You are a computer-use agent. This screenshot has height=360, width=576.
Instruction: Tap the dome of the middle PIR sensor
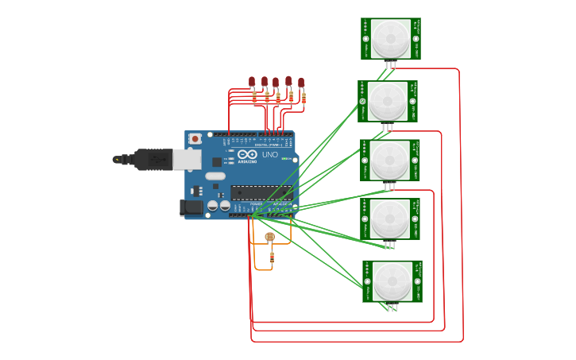click(x=389, y=160)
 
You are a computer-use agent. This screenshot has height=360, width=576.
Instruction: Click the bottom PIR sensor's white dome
click(x=392, y=281)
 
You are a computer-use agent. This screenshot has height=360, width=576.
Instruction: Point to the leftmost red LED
click(x=252, y=81)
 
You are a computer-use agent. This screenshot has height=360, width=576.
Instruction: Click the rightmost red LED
click(x=302, y=82)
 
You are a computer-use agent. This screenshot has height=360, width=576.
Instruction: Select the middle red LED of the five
click(x=276, y=81)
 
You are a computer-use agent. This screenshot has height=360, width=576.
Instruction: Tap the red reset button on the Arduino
click(x=195, y=138)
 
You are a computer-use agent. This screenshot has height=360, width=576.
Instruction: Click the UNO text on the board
click(x=270, y=155)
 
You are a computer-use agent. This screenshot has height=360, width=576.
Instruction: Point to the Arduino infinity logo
click(x=247, y=154)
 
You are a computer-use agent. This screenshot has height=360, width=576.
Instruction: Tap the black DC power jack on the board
click(x=191, y=208)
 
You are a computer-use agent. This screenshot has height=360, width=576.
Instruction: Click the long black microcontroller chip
click(x=261, y=193)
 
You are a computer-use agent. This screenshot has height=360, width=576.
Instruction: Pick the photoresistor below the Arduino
click(x=269, y=237)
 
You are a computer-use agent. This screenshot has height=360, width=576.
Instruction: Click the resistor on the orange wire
click(x=273, y=256)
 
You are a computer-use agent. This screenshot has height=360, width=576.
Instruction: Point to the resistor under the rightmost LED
click(x=303, y=99)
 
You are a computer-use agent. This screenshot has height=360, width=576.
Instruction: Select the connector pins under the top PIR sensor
click(x=390, y=65)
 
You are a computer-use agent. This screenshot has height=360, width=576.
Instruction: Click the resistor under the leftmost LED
click(x=254, y=99)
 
